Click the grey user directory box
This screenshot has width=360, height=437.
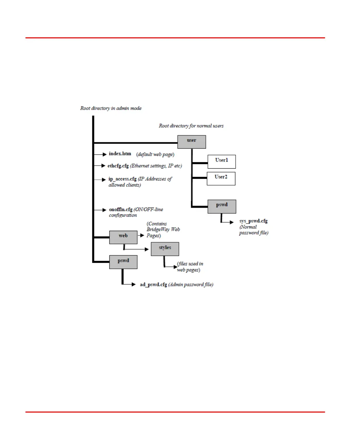pyautogui.click(x=192, y=142)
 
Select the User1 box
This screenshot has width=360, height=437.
pyautogui.click(x=221, y=162)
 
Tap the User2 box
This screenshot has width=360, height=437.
pyautogui.click(x=221, y=178)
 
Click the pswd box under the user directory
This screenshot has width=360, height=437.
pyautogui.click(x=222, y=206)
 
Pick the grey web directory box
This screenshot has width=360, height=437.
pyautogui.click(x=123, y=237)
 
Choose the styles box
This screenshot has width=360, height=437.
pyautogui.click(x=165, y=249)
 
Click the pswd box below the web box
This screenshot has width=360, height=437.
pyautogui.click(x=123, y=262)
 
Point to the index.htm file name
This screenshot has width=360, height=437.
pyautogui.click(x=120, y=154)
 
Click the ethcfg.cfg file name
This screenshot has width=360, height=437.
pyautogui.click(x=118, y=166)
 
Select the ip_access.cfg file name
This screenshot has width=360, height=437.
pyautogui.click(x=122, y=179)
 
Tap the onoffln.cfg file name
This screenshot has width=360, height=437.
pyautogui.click(x=121, y=210)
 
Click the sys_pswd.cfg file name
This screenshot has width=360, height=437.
pyautogui.click(x=253, y=221)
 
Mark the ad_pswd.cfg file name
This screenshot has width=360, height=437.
pyautogui.click(x=154, y=285)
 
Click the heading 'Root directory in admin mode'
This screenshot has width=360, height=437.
pyautogui.click(x=111, y=108)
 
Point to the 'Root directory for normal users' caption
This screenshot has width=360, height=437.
pyautogui.click(x=191, y=126)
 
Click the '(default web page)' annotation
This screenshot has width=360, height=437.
pyautogui.click(x=155, y=154)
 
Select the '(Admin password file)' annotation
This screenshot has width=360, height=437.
pyautogui.click(x=191, y=285)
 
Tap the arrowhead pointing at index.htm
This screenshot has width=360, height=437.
pyautogui.click(x=105, y=154)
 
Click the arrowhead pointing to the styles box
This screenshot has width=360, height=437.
pyautogui.click(x=147, y=249)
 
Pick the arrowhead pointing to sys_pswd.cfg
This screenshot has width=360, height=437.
pyautogui.click(x=232, y=222)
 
